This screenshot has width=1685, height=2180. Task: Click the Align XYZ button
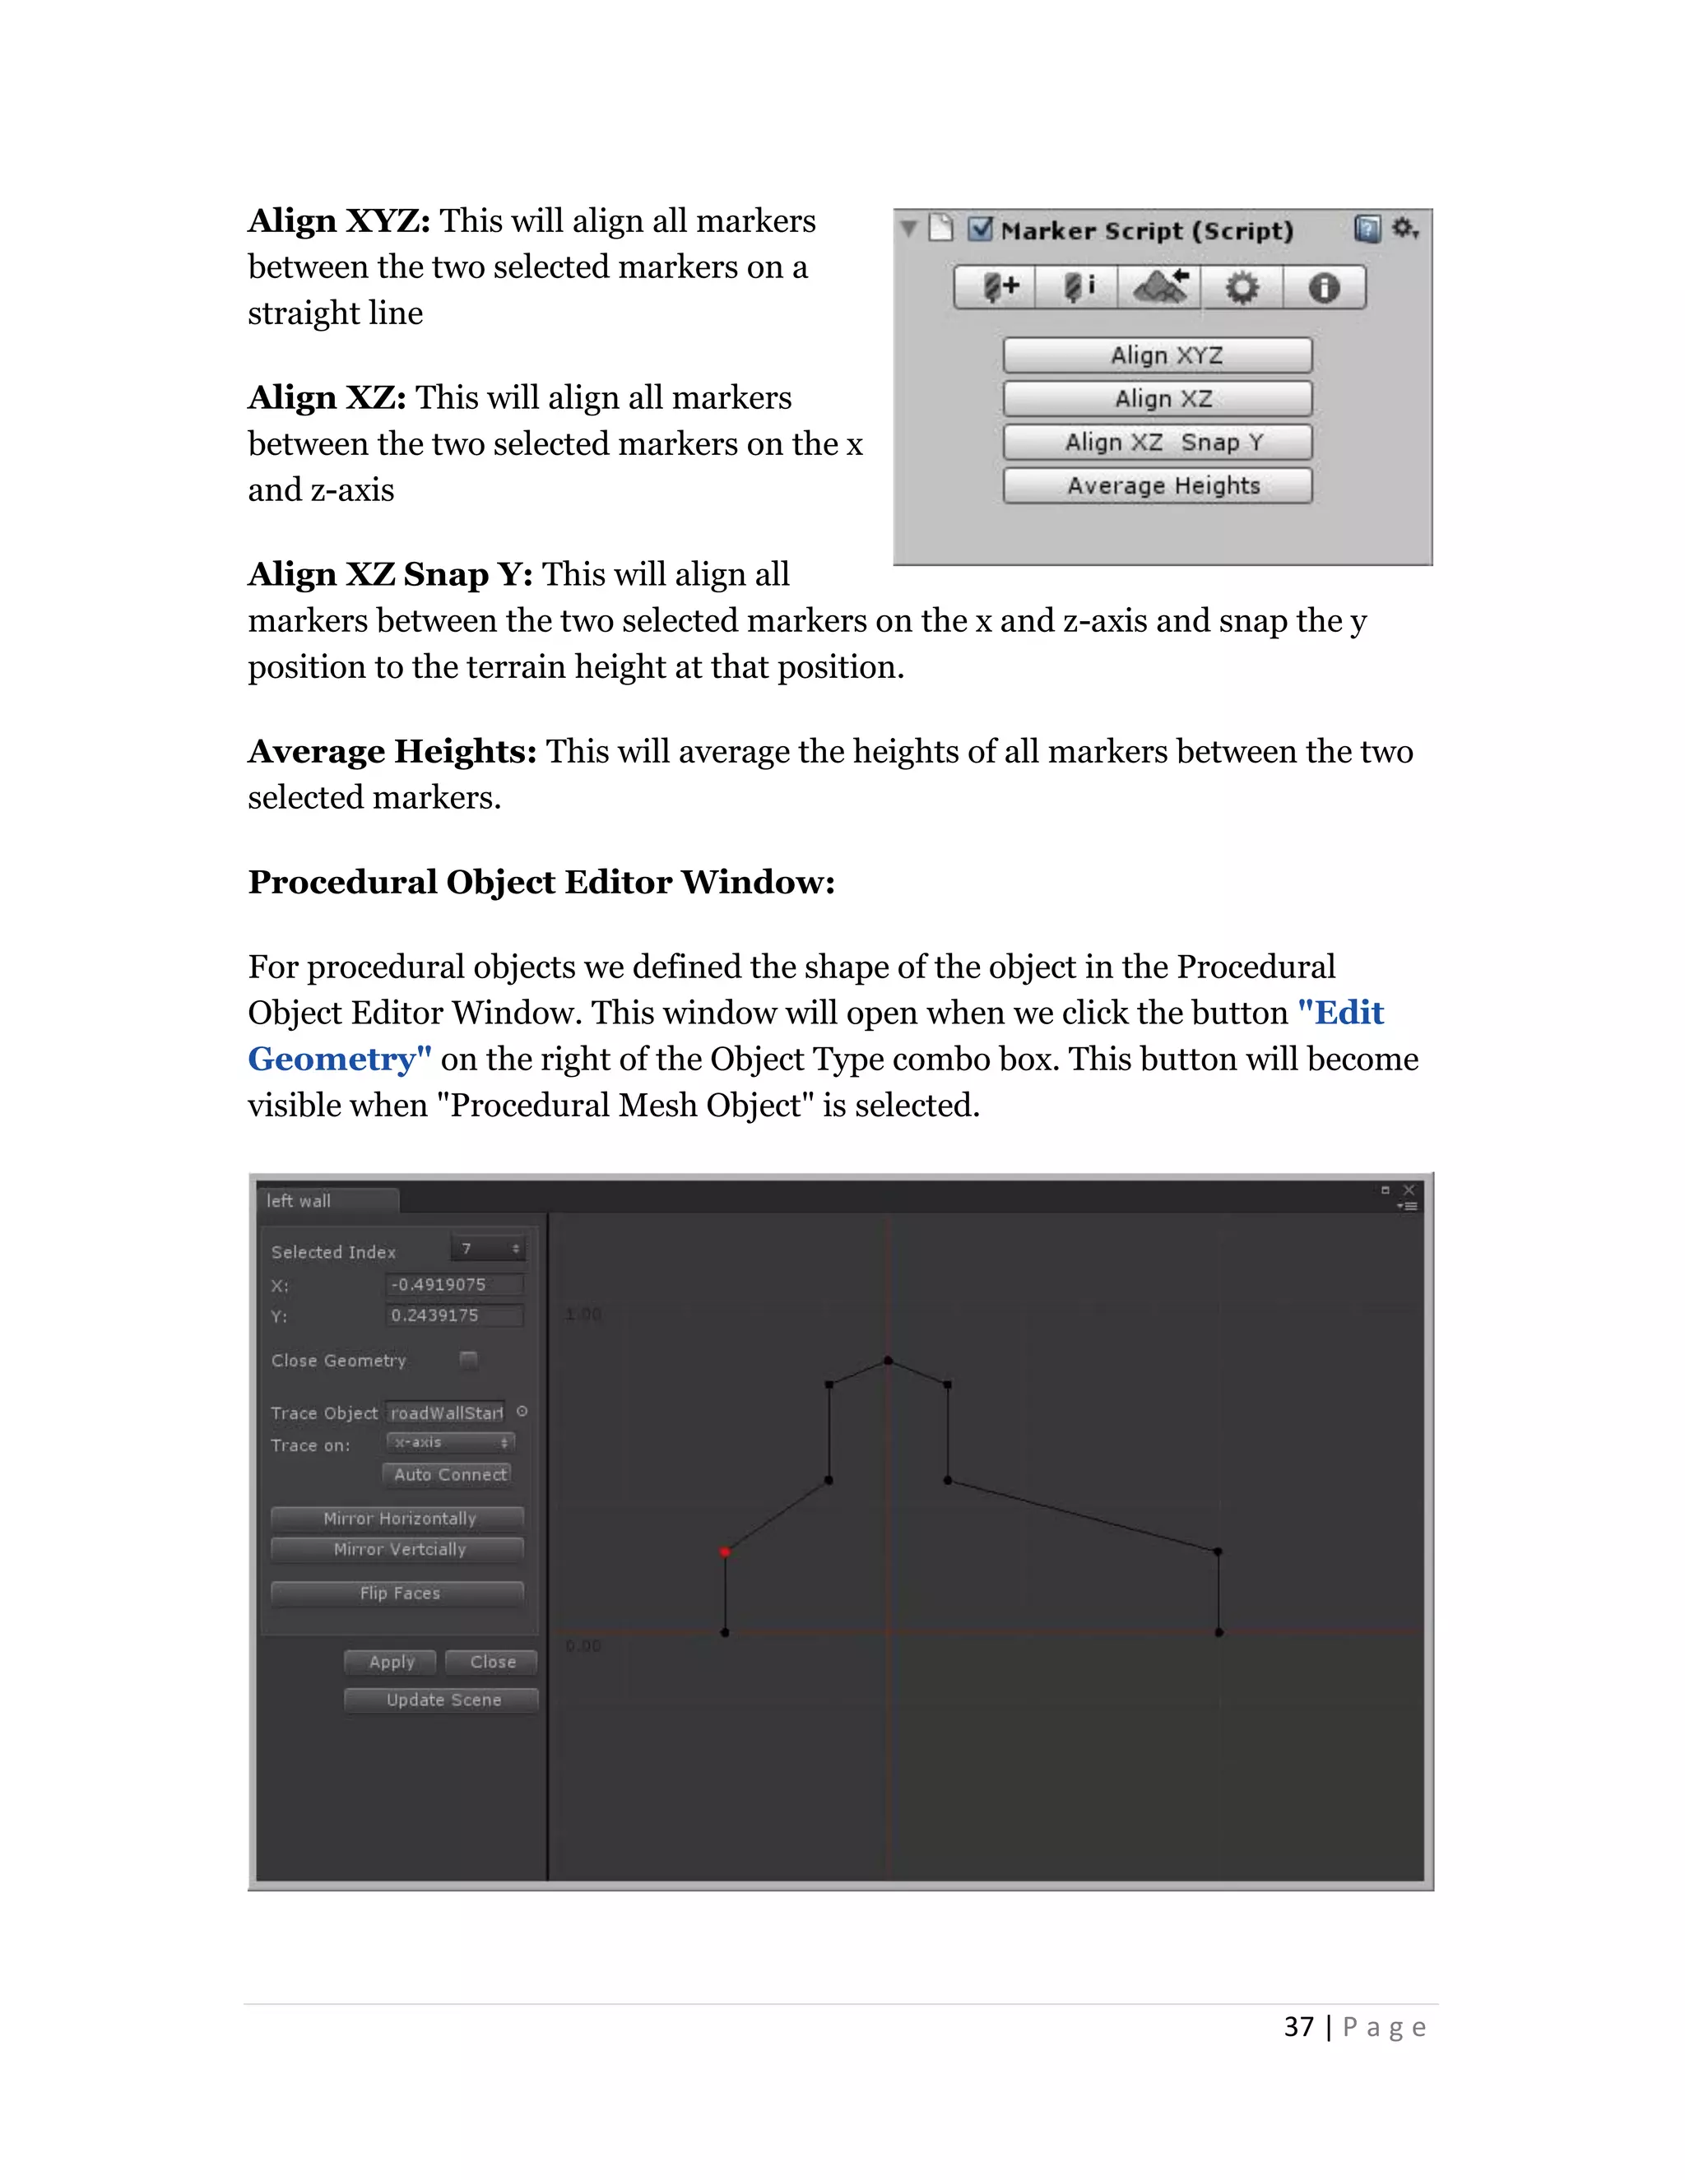(x=1157, y=355)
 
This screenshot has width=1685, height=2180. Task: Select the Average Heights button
(x=1157, y=486)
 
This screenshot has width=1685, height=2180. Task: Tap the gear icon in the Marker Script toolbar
(x=1241, y=289)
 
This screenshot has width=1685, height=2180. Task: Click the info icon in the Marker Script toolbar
(x=1324, y=289)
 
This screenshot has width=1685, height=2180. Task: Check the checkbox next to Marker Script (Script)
(x=980, y=230)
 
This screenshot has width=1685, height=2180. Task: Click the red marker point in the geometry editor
(x=725, y=1552)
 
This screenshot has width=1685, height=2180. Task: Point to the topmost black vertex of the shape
(x=888, y=1361)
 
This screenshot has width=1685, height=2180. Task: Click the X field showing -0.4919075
(x=454, y=1285)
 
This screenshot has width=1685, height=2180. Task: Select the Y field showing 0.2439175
(x=454, y=1315)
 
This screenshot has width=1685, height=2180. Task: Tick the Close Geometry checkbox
(x=468, y=1360)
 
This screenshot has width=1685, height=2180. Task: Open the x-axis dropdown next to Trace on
(x=450, y=1442)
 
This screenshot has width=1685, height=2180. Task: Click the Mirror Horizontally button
(x=398, y=1519)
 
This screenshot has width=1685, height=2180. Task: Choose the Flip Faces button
(x=398, y=1593)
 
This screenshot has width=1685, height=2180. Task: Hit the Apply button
(x=390, y=1662)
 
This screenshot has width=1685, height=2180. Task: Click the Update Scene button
(x=441, y=1700)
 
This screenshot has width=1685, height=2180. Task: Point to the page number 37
(x=1297, y=2027)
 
